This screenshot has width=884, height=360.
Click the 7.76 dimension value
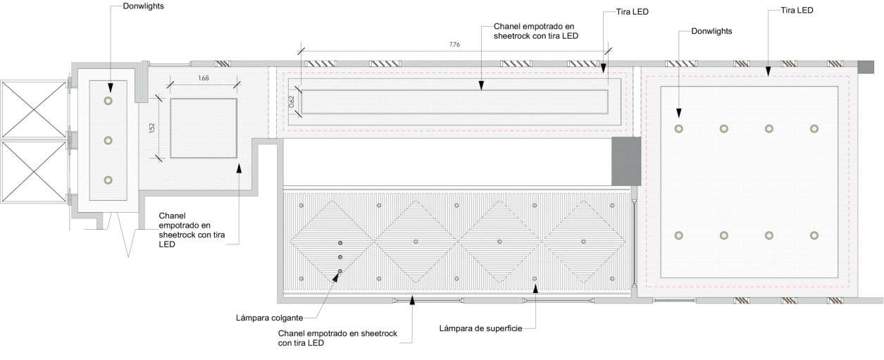coord(454,44)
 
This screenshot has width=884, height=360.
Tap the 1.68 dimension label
coord(203,78)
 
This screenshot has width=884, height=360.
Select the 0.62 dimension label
coord(291,101)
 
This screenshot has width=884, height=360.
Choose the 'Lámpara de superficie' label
coord(480,328)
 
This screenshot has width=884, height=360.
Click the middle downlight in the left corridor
coord(108,141)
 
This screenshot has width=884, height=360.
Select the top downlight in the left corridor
coord(108,101)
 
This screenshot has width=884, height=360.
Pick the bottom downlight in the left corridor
coord(108,180)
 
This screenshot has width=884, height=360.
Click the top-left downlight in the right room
coord(678,129)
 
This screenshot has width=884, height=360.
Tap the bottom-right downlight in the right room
coord(814,235)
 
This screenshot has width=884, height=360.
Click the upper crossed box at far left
coord(33,108)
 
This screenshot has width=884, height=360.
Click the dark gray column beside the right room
coord(625,161)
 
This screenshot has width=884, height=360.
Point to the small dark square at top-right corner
coord(866,66)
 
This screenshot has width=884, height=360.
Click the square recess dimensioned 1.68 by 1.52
coord(203,128)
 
